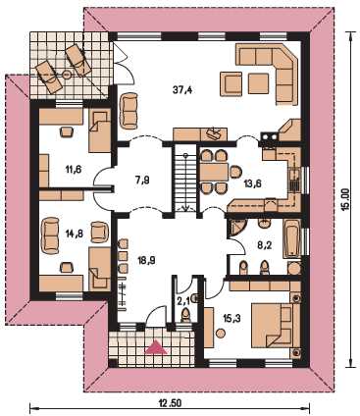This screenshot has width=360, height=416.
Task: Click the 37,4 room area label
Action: pos(182,89)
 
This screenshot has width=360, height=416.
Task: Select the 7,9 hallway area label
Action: pos(141,180)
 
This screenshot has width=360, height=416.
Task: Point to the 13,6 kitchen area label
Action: pos(252,183)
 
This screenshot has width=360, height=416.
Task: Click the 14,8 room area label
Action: pos(74,234)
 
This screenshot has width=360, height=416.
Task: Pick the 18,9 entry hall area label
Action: pos(146,261)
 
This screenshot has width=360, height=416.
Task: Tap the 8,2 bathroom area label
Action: pos(265,245)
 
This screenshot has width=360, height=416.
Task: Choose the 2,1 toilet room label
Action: pos(183,301)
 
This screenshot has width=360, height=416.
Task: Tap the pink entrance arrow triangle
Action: pos(156,347)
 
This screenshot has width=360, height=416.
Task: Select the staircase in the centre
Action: pos(185,179)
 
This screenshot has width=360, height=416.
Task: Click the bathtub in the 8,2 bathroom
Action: pos(291,239)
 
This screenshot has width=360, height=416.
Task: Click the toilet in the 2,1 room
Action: pos(185,316)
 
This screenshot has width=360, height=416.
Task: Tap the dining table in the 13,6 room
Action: pos(215,172)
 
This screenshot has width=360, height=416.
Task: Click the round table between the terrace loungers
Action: pos(67,75)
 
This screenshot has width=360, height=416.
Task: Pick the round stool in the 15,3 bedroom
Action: pos(221,334)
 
